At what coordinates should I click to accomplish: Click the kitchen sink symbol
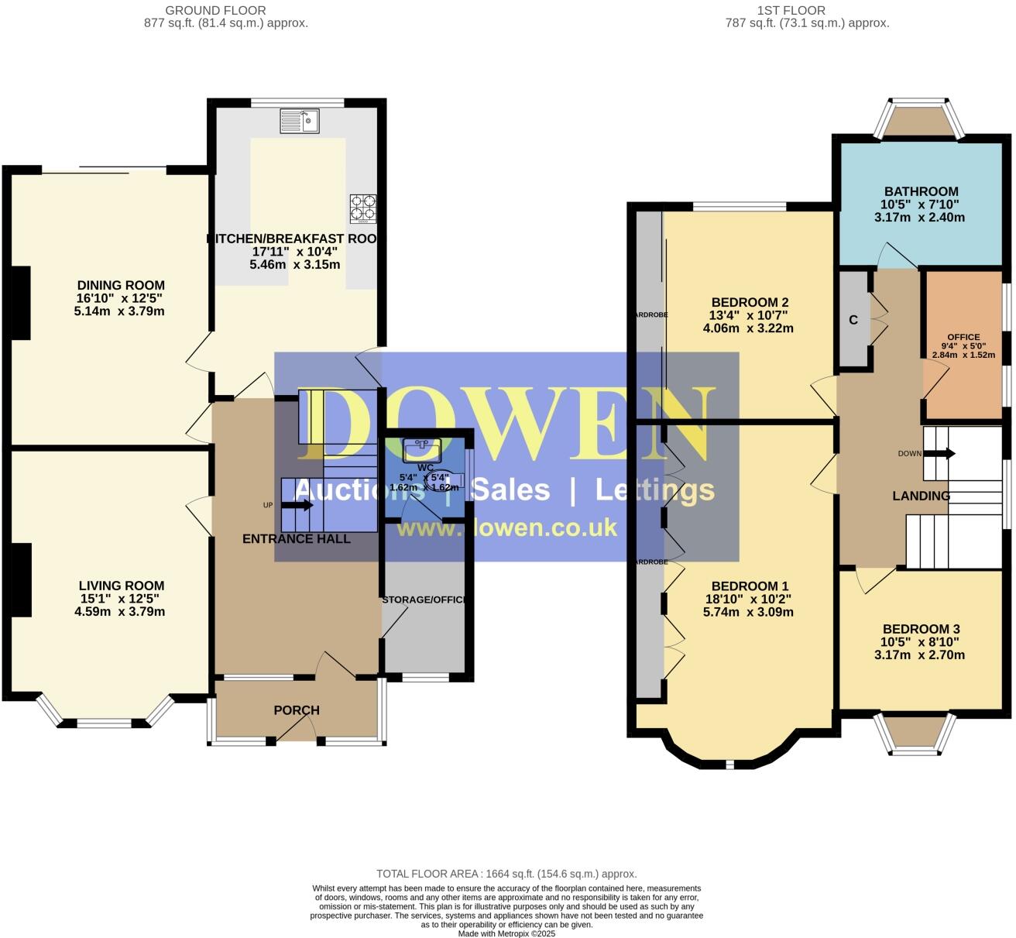300,121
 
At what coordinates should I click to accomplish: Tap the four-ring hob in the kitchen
363,208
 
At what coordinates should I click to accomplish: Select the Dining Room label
121,285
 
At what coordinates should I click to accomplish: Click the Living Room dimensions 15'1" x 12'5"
121,599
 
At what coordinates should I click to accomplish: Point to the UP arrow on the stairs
297,506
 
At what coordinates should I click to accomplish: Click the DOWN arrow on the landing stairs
939,454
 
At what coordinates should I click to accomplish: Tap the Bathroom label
921,191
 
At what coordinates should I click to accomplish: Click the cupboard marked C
853,320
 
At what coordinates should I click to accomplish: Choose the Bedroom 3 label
921,629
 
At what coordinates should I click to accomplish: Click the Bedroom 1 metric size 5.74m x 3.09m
747,612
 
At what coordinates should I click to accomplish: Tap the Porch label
297,710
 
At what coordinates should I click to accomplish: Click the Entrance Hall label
297,538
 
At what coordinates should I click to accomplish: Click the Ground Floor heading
216,10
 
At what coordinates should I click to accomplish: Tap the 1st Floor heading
791,10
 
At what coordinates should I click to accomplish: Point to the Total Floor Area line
506,874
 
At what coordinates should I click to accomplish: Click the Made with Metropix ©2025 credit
506,933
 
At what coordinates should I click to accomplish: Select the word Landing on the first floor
921,496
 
